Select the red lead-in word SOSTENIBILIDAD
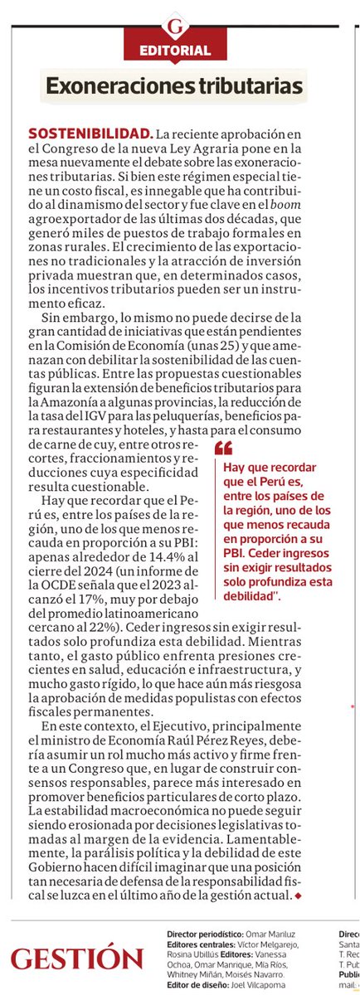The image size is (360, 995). [x=90, y=133]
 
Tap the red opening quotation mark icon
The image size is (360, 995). [x=223, y=448]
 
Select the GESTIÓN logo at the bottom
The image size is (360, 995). [x=77, y=959]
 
